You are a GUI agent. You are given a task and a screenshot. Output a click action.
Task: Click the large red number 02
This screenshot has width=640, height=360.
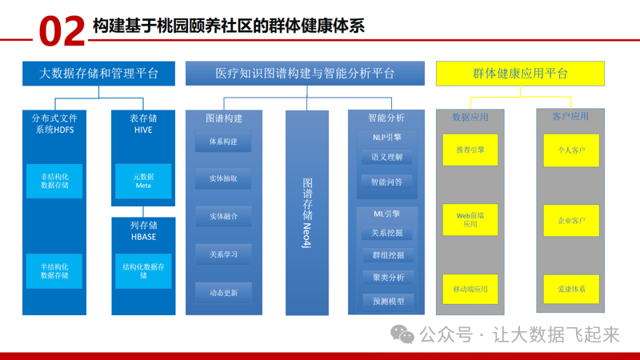[x=60, y=30]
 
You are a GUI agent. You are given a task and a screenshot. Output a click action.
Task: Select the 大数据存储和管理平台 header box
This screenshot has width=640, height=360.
[x=99, y=74]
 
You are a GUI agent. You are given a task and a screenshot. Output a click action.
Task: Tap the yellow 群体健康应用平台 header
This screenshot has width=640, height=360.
[x=520, y=74]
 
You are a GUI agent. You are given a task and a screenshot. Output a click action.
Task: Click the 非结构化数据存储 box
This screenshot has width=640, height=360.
[x=54, y=180]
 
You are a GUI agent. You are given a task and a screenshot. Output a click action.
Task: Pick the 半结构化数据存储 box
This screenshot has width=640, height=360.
[x=54, y=270]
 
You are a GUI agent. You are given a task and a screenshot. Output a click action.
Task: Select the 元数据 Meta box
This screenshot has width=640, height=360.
[x=143, y=181]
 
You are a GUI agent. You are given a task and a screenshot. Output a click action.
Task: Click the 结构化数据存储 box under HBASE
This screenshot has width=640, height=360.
[x=143, y=270]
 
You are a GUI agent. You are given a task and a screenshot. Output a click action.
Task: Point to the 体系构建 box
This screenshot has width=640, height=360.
[x=223, y=142]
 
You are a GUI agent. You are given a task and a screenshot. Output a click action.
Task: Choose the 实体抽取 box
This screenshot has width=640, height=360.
[x=223, y=179]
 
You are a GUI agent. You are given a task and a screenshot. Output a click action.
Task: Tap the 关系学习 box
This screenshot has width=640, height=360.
[x=223, y=254]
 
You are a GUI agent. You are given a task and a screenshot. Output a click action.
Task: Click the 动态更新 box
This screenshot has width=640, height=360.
[x=223, y=292]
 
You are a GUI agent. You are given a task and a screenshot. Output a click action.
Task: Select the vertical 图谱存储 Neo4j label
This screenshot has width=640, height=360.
[x=307, y=212]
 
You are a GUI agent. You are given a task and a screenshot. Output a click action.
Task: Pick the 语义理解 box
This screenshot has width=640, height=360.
[x=386, y=158]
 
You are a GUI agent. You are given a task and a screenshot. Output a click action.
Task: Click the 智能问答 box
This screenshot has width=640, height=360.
[x=386, y=182]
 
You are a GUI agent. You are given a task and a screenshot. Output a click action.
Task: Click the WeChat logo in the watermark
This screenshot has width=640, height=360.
[x=407, y=334]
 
